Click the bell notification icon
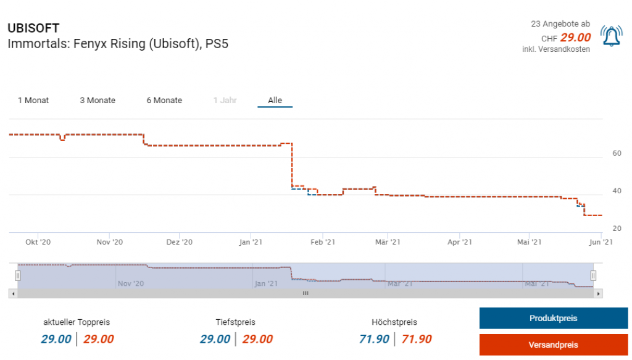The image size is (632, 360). [611, 36]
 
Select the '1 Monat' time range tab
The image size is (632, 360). [33, 100]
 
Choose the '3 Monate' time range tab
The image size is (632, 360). [98, 100]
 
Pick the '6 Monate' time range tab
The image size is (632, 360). [164, 100]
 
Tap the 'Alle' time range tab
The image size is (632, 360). [275, 100]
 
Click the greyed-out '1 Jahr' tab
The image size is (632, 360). [225, 100]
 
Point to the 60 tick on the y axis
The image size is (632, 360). [617, 153]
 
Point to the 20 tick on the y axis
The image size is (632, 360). [617, 228]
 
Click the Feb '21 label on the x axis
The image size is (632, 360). [322, 242]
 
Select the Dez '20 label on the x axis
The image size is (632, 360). [179, 242]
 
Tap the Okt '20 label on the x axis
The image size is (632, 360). [38, 242]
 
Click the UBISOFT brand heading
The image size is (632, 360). [33, 28]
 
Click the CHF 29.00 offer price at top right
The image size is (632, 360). [575, 38]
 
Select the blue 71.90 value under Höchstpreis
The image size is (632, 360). [374, 339]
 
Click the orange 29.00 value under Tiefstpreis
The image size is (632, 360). [257, 339]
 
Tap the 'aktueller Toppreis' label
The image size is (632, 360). [77, 322]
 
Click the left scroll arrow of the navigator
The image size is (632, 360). [12, 293]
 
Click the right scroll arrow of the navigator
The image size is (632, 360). [598, 293]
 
